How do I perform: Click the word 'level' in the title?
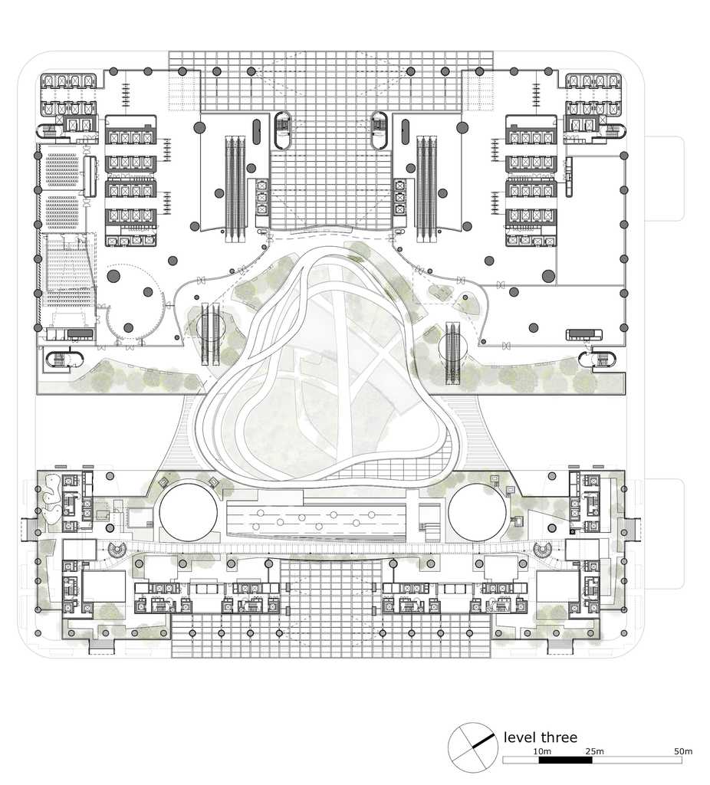519,737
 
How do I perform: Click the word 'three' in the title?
559,737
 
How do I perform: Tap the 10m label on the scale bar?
542,751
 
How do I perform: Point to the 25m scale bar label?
594,751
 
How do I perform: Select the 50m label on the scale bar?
683,751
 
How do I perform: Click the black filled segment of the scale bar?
565,760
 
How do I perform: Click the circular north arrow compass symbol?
472,747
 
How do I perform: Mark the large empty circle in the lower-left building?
189,511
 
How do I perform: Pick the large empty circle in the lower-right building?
477,511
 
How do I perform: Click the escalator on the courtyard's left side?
211,333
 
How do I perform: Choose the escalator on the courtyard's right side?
452,353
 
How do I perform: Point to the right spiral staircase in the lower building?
543,550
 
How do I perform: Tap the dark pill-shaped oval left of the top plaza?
257,132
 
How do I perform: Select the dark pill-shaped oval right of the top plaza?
405,132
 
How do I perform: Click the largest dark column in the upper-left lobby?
113,276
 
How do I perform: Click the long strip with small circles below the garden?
315,520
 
